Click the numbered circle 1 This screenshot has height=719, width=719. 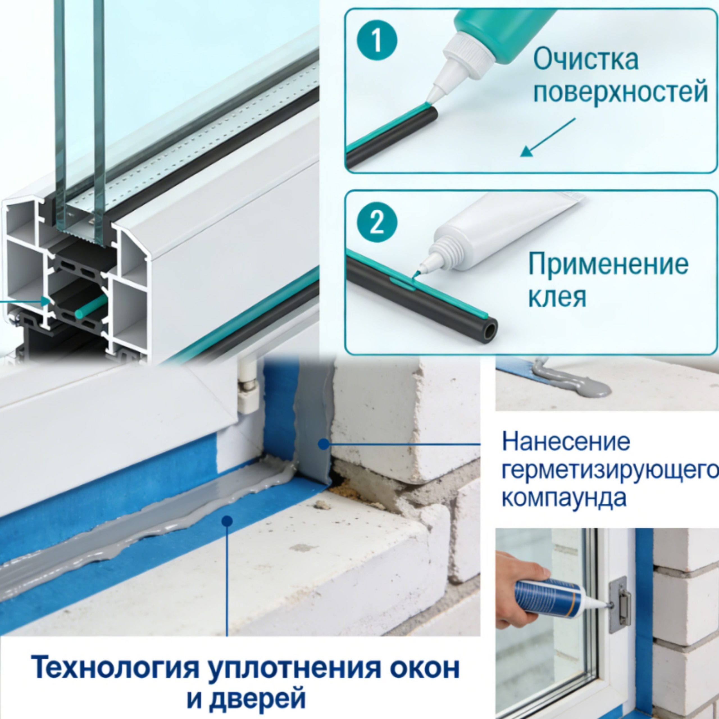(377, 40)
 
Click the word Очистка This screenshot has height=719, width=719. (586, 59)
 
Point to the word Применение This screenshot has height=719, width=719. (608, 264)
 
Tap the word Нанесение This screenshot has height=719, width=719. (566, 442)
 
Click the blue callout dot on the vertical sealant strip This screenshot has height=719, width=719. (324, 444)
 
